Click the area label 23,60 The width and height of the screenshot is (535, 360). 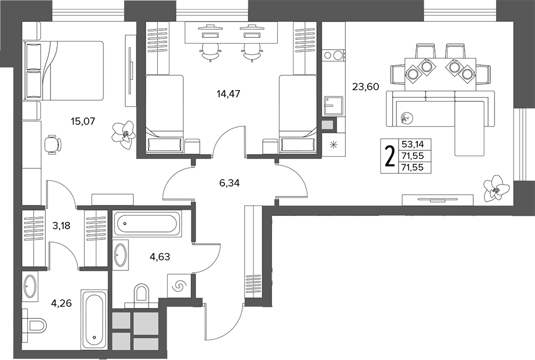point(366,87)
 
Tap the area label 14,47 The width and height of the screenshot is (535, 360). point(228,93)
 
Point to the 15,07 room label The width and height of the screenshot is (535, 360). point(83,121)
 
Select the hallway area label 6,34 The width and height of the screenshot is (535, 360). point(229,183)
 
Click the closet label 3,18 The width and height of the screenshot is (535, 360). point(61,226)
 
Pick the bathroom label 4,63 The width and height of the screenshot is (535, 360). point(160,256)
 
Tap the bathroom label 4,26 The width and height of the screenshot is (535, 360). point(61,303)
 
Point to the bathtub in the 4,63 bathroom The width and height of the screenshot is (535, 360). point(147,223)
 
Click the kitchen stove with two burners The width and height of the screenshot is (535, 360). point(334,55)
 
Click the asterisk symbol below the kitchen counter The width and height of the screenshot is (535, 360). point(333,145)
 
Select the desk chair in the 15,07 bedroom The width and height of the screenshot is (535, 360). point(53,145)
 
